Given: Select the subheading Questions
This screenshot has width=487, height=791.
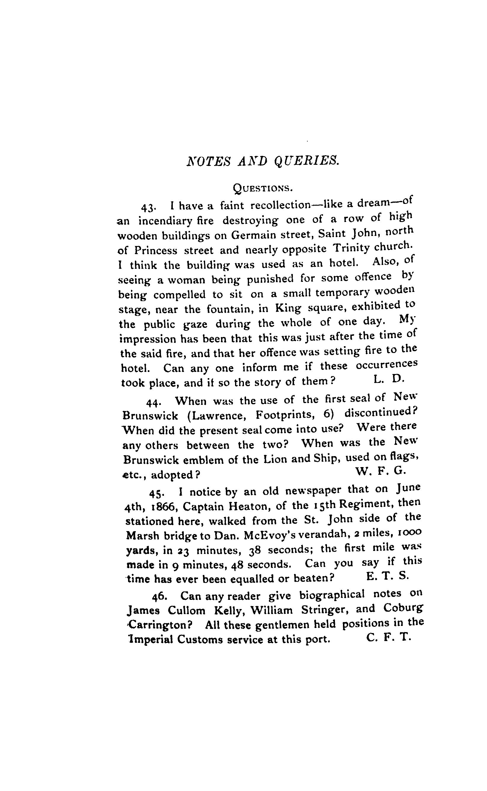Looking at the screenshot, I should click(263, 188).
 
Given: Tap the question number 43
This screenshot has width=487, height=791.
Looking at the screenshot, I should click(149, 208).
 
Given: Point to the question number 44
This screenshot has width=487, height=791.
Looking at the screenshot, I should click(153, 402).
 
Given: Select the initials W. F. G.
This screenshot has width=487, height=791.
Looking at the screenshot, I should click(381, 471).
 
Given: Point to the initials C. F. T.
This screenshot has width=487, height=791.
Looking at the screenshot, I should click(389, 637).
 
